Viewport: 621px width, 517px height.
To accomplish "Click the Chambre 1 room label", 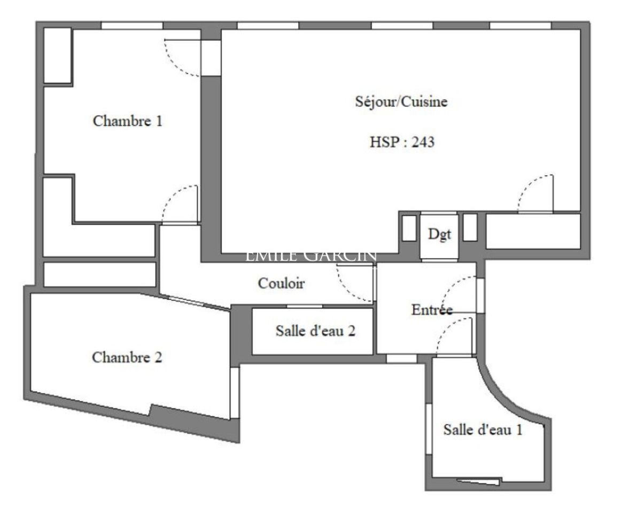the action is (x=128, y=121).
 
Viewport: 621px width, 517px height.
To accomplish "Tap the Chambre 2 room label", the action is (x=127, y=357).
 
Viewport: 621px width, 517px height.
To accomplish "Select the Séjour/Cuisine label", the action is (x=401, y=101).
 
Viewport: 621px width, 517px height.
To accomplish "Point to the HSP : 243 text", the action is (x=402, y=142).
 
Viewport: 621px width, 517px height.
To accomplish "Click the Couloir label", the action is (x=281, y=283).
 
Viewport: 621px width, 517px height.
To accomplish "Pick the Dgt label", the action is (x=440, y=234).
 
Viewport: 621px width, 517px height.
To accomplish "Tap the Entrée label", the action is (x=432, y=309).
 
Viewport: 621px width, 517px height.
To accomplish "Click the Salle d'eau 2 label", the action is (x=316, y=331).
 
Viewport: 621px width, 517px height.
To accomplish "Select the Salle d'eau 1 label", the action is (x=483, y=429).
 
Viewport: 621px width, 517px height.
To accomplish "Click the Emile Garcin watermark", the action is (x=311, y=256).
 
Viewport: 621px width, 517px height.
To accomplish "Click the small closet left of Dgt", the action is (x=409, y=228).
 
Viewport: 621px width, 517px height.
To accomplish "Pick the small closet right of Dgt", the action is (x=470, y=228).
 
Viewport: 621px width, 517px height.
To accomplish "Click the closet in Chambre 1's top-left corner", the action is (x=57, y=56).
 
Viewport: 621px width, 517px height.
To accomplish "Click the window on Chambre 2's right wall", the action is (x=235, y=393).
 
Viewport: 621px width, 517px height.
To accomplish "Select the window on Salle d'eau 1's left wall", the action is (x=429, y=429).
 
